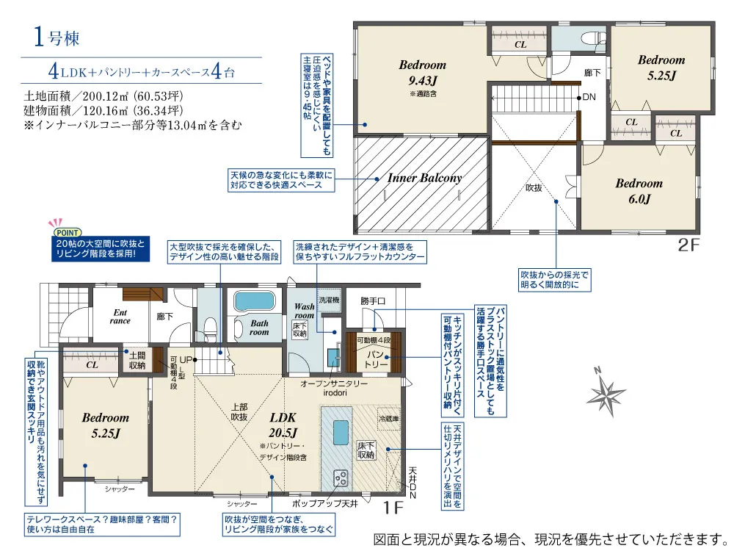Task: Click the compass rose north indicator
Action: [x=606, y=392]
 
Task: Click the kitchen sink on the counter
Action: [x=341, y=432]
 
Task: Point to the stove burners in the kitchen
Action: [x=341, y=478]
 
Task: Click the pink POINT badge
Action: [x=68, y=232]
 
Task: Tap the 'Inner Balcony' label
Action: [x=424, y=178]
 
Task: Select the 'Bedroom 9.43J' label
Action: [x=422, y=73]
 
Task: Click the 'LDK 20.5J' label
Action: [x=283, y=425]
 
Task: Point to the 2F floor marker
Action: [x=688, y=245]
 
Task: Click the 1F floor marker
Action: [x=393, y=508]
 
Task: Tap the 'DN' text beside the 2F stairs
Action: [x=589, y=97]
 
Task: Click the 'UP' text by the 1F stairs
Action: [x=186, y=359]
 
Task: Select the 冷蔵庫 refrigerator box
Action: [x=389, y=419]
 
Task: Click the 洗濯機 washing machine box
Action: [x=329, y=300]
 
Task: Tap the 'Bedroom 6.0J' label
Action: [x=639, y=191]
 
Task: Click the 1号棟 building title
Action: [x=57, y=37]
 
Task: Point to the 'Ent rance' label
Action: [x=120, y=317]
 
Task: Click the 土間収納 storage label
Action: [x=137, y=360]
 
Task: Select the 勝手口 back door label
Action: [x=373, y=300]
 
